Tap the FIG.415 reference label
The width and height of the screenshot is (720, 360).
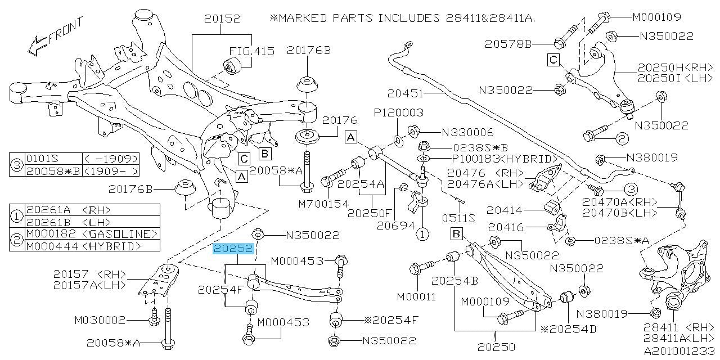pos(251,51)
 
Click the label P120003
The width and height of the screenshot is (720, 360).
pos(398,112)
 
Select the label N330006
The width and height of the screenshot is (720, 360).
pos(467,132)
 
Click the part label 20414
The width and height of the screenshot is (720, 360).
pos(504,210)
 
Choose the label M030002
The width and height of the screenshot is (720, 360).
pos(100,320)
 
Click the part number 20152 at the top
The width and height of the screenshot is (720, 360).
pos(222,19)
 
